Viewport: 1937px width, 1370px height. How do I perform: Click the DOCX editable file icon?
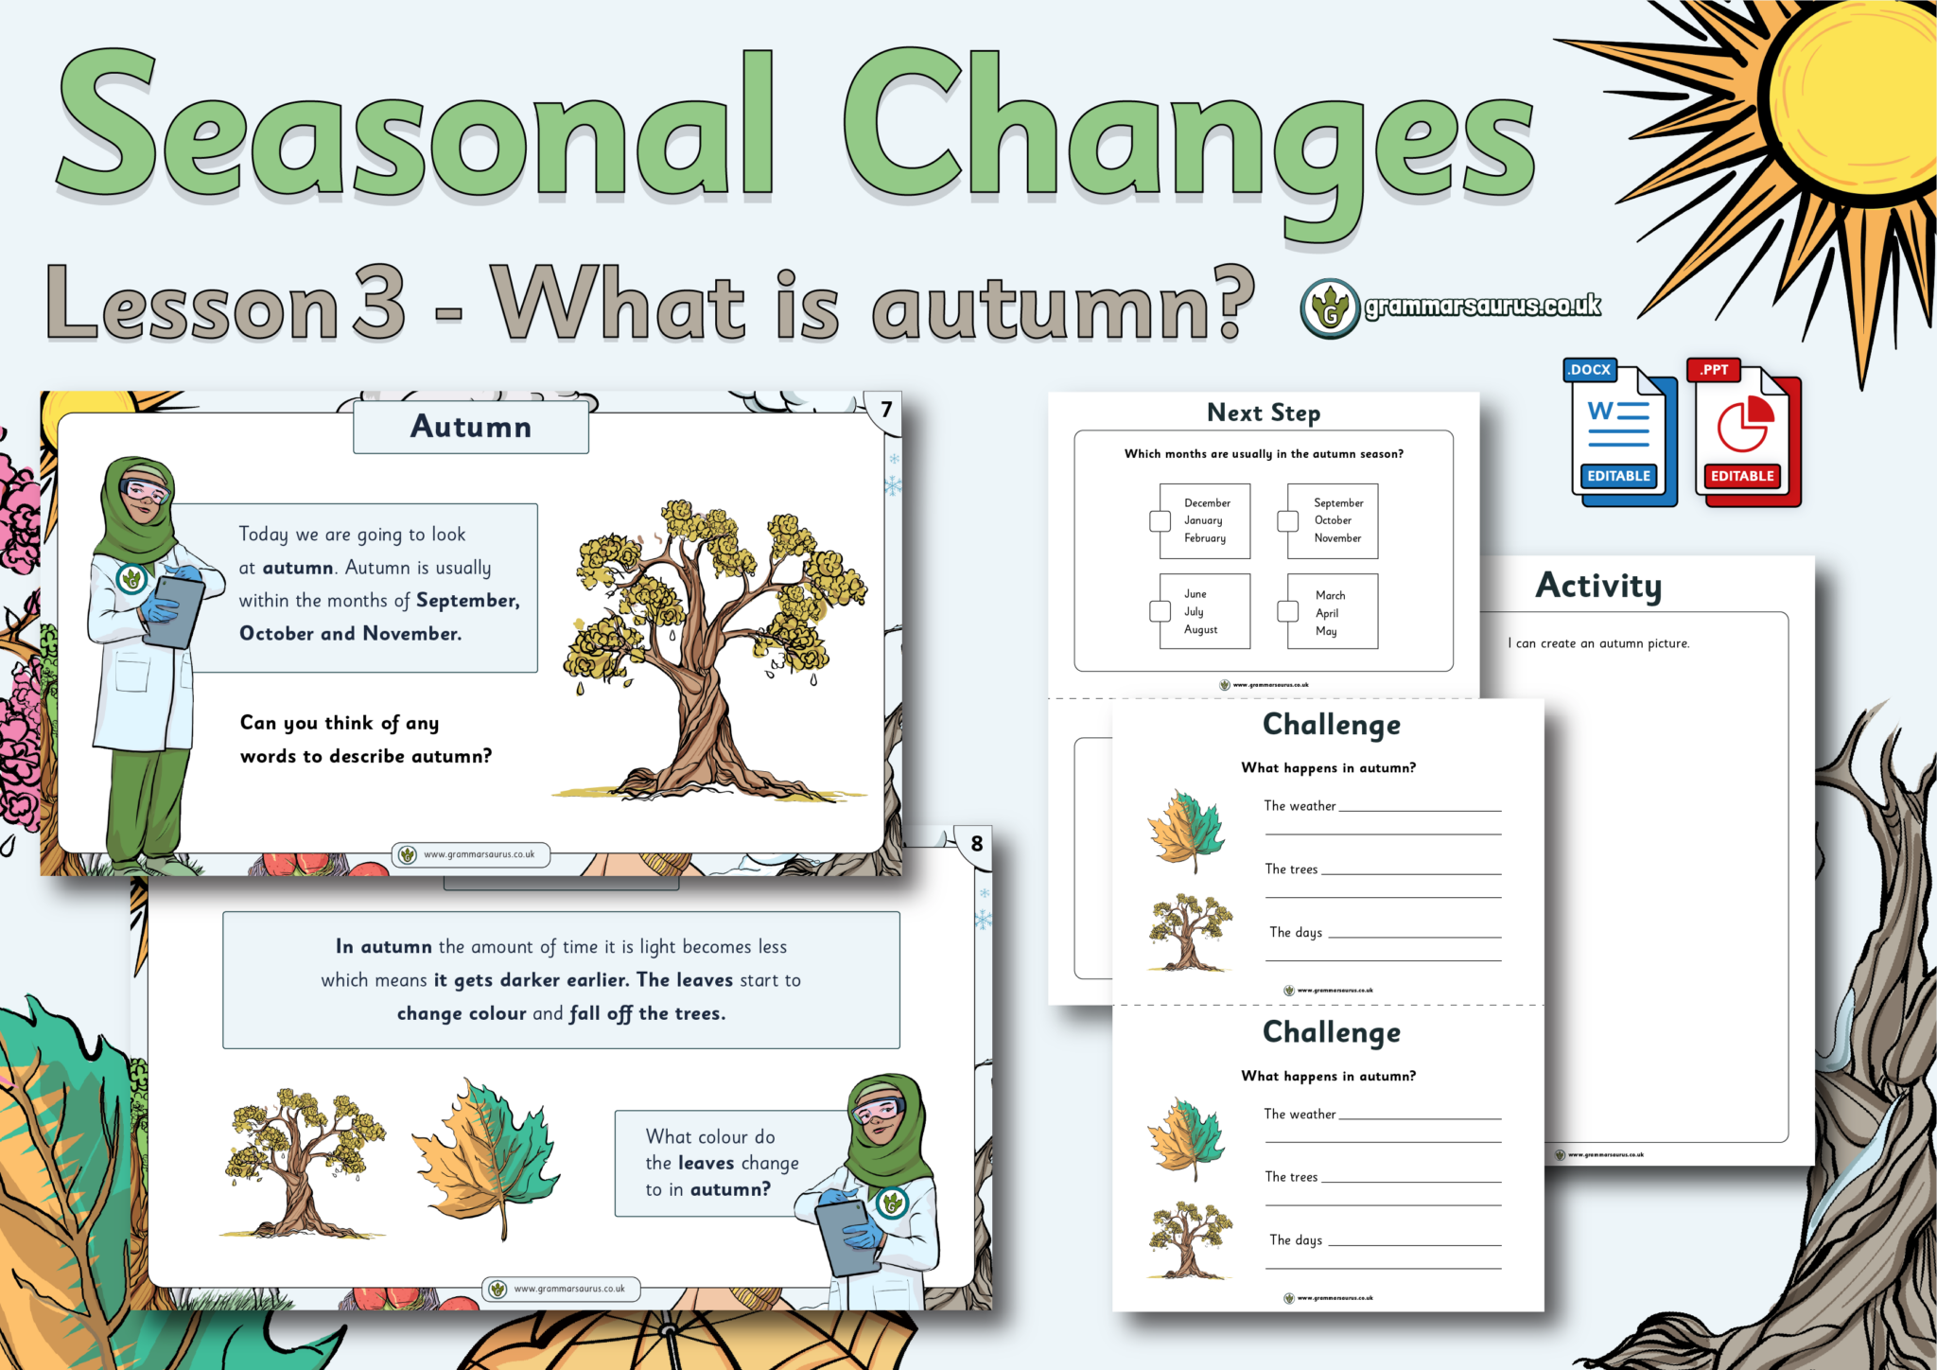[1619, 433]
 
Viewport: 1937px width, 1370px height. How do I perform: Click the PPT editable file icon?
[1743, 433]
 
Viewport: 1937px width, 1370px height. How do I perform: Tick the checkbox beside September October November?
[1287, 520]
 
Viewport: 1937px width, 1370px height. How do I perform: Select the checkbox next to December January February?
[1160, 520]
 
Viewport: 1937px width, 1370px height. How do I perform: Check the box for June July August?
[1160, 611]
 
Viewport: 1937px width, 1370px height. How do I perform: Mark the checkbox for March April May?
[1287, 611]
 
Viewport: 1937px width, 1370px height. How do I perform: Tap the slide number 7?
[886, 410]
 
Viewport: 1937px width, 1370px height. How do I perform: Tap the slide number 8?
[977, 843]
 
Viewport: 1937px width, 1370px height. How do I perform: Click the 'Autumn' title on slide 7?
[471, 427]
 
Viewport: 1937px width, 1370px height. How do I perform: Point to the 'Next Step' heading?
[1264, 413]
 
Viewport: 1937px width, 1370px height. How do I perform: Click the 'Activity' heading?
[1598, 586]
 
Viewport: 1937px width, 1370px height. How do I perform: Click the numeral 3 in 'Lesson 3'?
[379, 303]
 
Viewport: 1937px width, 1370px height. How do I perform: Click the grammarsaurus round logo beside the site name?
[1330, 308]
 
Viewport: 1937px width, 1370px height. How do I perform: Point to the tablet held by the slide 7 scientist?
[174, 611]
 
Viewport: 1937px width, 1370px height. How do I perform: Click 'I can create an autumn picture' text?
[1598, 643]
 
